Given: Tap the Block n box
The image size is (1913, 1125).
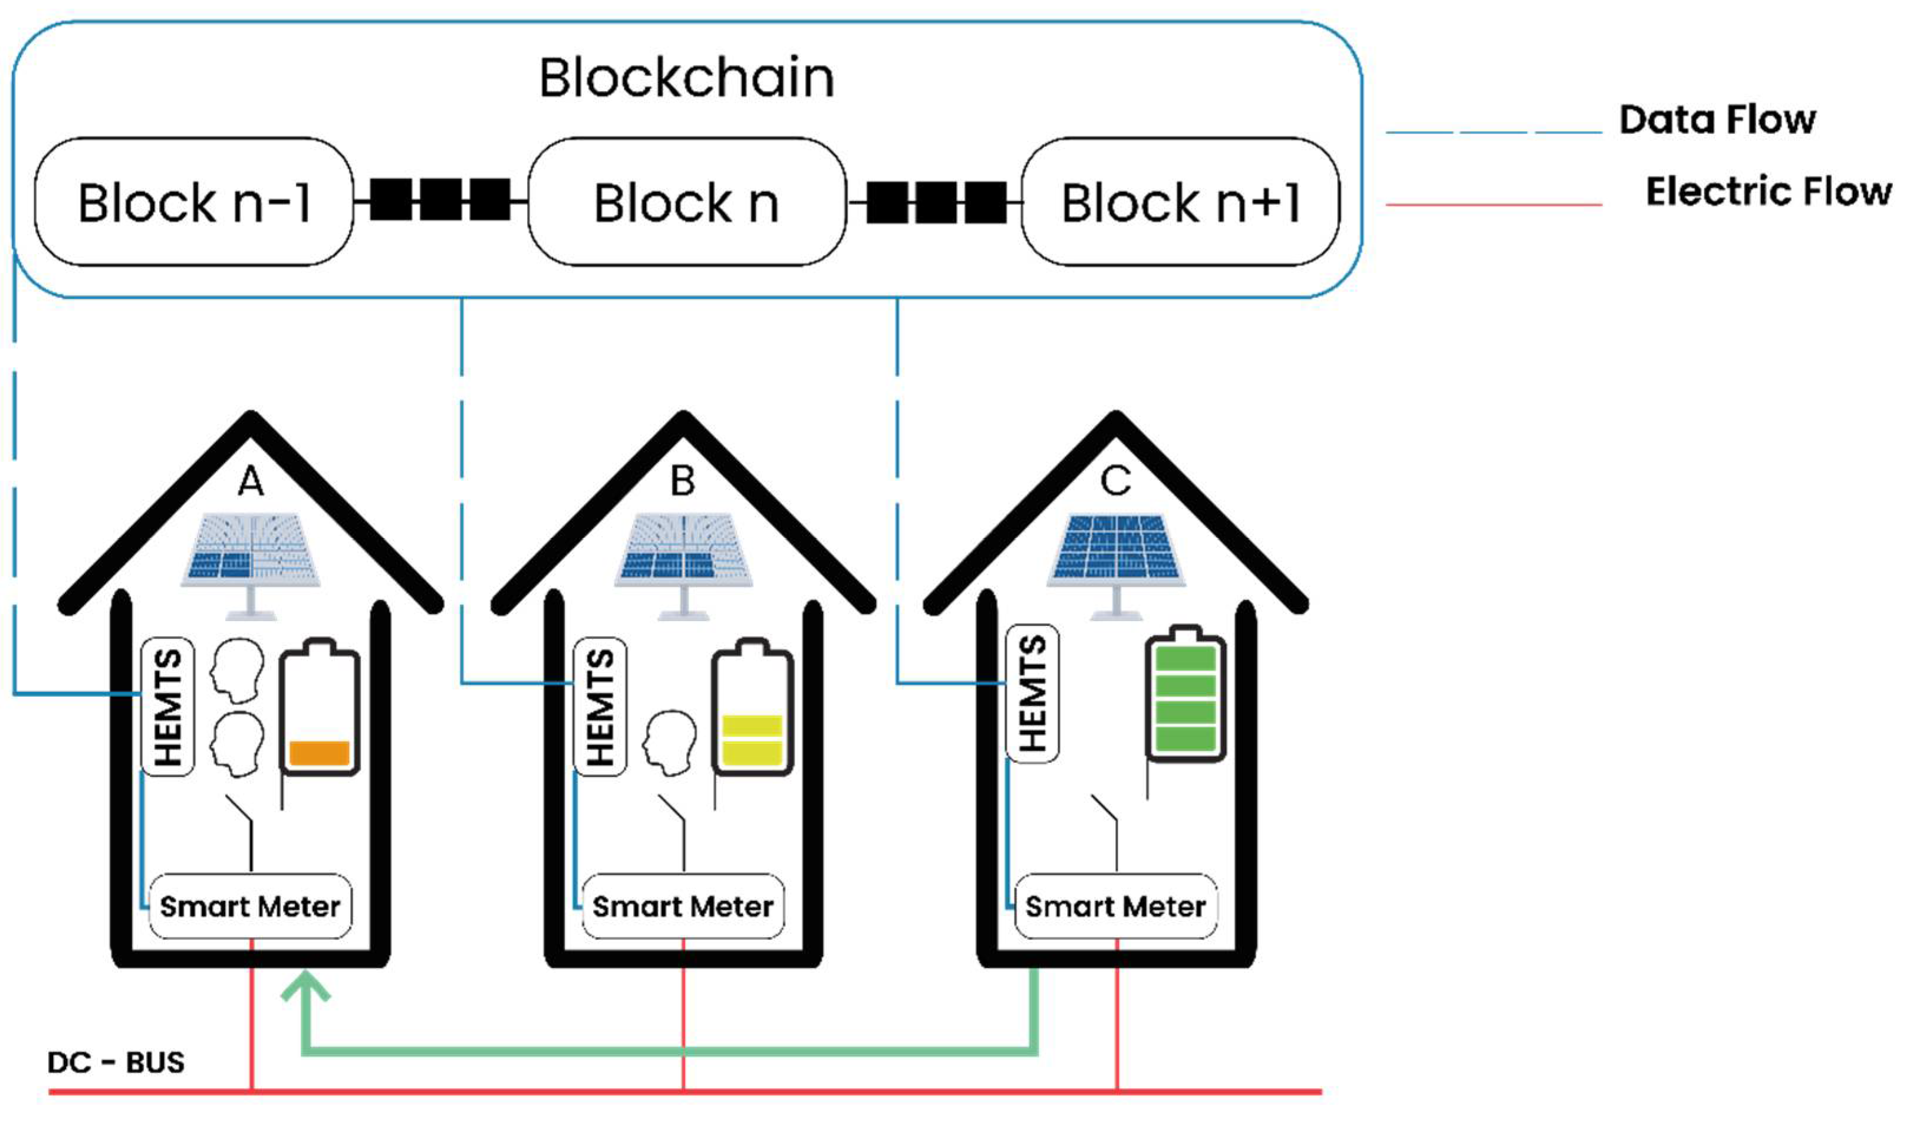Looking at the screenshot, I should pos(686,202).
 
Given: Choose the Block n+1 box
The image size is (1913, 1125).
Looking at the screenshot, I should pos(1180,202).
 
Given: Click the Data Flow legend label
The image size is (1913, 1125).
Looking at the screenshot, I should pos(1717,119).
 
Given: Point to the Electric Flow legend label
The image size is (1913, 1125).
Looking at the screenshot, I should pos(1768,191).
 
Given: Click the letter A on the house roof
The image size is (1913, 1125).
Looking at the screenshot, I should pos(251,481).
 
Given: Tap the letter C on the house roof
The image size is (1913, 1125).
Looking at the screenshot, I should pos(1115,481).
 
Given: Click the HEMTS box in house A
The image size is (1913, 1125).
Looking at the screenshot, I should pos(168,707).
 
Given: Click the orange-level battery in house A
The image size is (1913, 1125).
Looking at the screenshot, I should pos(320,710).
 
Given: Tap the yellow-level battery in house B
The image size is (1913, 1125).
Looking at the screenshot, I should pos(752,710).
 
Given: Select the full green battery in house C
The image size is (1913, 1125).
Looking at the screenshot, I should pos(1185,695).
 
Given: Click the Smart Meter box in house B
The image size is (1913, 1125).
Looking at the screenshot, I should pos(683,906).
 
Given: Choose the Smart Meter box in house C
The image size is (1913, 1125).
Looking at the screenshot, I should pos(1115,906).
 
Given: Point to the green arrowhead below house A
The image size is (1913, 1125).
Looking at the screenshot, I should pos(305,988).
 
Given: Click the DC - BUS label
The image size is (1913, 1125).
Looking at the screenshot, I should pos(116,1062).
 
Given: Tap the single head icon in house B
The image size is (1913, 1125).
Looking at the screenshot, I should pos(670,742).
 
